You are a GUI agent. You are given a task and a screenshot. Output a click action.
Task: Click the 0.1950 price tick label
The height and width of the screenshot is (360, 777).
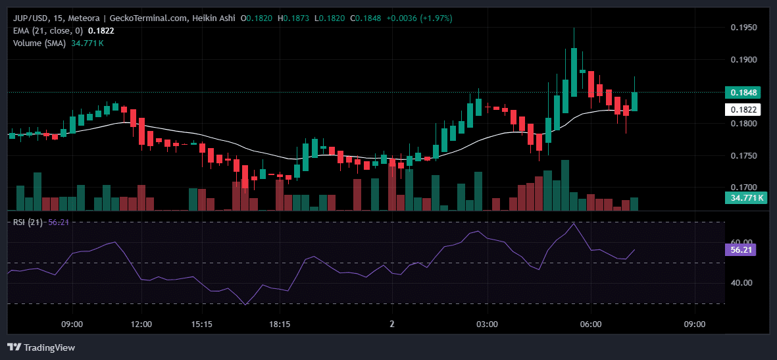(743, 28)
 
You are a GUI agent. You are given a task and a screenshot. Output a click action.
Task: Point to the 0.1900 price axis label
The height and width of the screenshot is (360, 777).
(743, 60)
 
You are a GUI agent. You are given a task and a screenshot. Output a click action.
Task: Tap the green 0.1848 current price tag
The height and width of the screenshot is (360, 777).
(743, 93)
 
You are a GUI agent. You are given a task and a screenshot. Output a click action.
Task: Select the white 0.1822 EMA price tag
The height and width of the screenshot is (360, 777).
(743, 110)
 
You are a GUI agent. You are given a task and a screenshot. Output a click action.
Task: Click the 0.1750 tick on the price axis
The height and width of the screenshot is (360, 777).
(743, 156)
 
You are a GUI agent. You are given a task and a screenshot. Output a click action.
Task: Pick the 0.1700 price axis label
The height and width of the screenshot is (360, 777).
(743, 188)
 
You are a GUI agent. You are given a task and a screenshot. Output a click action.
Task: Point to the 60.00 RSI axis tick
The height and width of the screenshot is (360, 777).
(741, 242)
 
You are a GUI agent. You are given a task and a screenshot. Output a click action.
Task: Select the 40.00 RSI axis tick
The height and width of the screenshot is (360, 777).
(741, 283)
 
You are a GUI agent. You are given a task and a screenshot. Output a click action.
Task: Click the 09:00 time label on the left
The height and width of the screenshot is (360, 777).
(72, 324)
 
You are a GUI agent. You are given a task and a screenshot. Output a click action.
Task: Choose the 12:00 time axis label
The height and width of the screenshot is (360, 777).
(141, 324)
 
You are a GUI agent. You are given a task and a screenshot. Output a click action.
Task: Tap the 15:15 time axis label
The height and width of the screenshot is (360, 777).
(201, 324)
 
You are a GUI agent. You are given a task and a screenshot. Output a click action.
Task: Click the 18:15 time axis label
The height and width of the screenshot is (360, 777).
(280, 324)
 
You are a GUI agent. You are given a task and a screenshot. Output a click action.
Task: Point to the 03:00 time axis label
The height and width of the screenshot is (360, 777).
(487, 324)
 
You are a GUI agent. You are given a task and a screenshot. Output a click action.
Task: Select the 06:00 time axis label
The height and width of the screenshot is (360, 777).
(591, 324)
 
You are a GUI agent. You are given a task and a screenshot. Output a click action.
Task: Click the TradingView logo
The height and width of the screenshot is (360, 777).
(41, 347)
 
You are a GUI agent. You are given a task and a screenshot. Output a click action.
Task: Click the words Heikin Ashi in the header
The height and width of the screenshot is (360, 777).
(213, 18)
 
